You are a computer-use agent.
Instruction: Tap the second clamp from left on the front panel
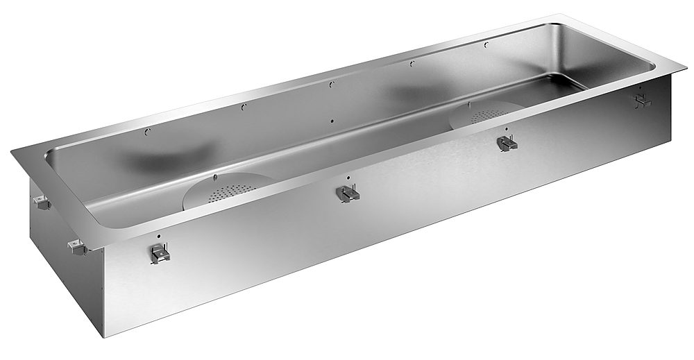346,194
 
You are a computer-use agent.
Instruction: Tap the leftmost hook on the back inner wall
147,131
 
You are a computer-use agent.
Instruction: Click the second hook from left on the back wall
243,107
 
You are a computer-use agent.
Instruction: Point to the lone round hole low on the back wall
332,120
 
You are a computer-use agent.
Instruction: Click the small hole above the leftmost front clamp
160,236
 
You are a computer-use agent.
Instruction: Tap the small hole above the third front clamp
506,130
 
